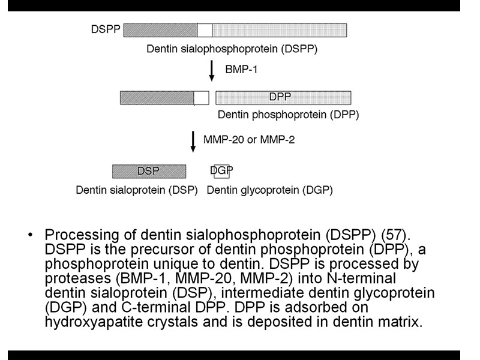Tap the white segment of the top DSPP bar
(205, 29)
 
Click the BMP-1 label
(241, 70)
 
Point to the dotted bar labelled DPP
(283, 97)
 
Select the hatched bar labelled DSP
(148, 172)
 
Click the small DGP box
(221, 172)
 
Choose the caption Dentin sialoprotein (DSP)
(137, 191)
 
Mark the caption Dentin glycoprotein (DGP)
(269, 191)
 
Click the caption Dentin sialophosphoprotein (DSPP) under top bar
(232, 48)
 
